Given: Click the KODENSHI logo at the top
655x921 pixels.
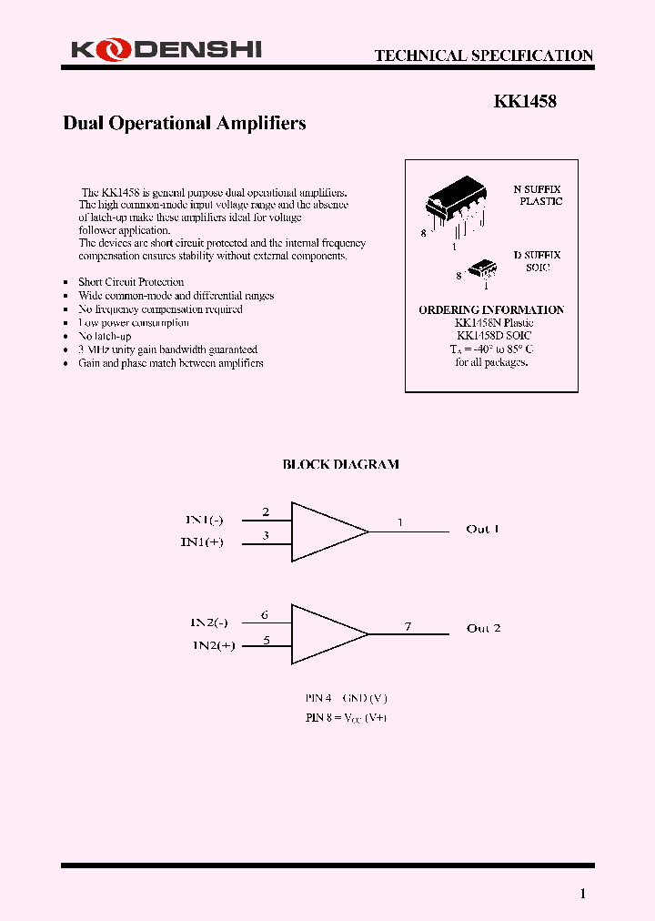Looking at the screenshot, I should [x=166, y=51].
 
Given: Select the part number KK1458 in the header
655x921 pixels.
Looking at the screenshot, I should [x=525, y=103].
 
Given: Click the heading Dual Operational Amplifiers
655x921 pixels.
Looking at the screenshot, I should [x=184, y=124].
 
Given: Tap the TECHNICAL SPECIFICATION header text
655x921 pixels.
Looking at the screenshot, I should [x=483, y=56].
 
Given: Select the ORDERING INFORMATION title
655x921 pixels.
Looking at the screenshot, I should [x=491, y=310].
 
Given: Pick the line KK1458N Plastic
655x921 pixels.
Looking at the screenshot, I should [x=493, y=323].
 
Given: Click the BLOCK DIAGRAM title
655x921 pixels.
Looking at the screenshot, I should [x=340, y=464].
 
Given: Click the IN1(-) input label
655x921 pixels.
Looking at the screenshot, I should [x=205, y=520].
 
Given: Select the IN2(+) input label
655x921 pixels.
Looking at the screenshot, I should [x=214, y=645].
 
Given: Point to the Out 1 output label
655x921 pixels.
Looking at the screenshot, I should [x=482, y=529].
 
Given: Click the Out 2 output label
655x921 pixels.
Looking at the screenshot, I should [x=483, y=628].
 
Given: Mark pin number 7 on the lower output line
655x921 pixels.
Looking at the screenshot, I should [x=408, y=626].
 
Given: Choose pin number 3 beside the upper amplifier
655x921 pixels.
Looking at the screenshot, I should [x=266, y=535].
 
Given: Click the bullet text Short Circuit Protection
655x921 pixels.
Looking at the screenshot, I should [x=131, y=282].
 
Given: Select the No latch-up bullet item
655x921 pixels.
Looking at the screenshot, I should [x=105, y=336].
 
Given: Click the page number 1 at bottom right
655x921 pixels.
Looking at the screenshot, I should [x=583, y=894].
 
